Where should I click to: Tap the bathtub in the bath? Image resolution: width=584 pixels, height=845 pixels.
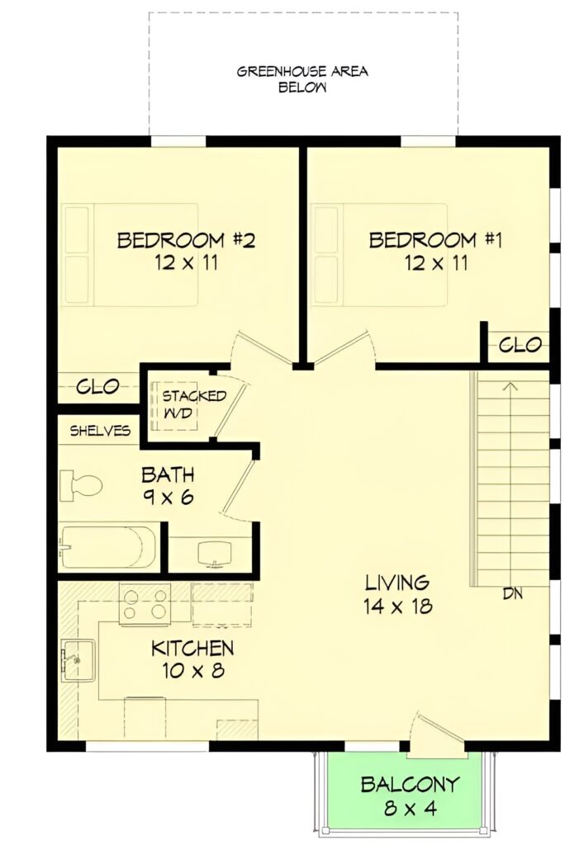[109, 547]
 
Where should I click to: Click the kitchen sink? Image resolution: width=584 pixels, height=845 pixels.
[78, 659]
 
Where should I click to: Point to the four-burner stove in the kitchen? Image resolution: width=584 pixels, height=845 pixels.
[145, 604]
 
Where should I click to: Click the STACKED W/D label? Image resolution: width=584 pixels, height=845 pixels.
[193, 404]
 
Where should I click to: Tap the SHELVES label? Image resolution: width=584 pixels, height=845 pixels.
[100, 431]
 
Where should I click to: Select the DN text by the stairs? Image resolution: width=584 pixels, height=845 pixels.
[512, 594]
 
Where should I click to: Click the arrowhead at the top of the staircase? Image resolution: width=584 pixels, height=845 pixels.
[510, 386]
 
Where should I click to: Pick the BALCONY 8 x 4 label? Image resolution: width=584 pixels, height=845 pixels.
[410, 795]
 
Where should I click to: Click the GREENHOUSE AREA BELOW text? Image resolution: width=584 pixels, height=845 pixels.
[302, 79]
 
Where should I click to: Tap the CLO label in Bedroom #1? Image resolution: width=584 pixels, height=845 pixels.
[520, 344]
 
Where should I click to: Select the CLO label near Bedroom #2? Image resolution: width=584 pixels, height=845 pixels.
[97, 386]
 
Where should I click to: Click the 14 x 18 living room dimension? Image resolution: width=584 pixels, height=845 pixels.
[397, 607]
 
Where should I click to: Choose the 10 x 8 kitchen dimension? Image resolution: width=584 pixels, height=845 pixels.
[193, 670]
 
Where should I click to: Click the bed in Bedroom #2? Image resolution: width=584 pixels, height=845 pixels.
[130, 254]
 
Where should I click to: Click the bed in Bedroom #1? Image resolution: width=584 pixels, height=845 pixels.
[380, 254]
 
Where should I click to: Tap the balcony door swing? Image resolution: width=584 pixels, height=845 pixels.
[437, 734]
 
